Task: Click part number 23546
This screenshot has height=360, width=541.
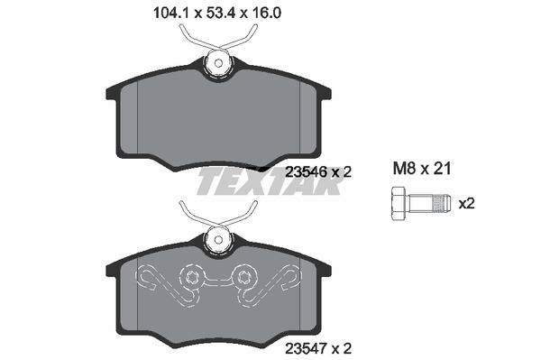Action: pyautogui.click(x=306, y=171)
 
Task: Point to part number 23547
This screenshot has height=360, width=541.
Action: pyautogui.click(x=306, y=348)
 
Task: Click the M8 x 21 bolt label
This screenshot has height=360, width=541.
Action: pyautogui.click(x=422, y=169)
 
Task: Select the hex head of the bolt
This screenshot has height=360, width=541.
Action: pyautogui.click(x=399, y=204)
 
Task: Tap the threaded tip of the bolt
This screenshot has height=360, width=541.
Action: pyautogui.click(x=443, y=204)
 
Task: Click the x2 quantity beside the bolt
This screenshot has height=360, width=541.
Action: pyautogui.click(x=466, y=204)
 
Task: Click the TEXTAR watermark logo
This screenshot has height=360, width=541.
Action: pyautogui.click(x=269, y=181)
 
